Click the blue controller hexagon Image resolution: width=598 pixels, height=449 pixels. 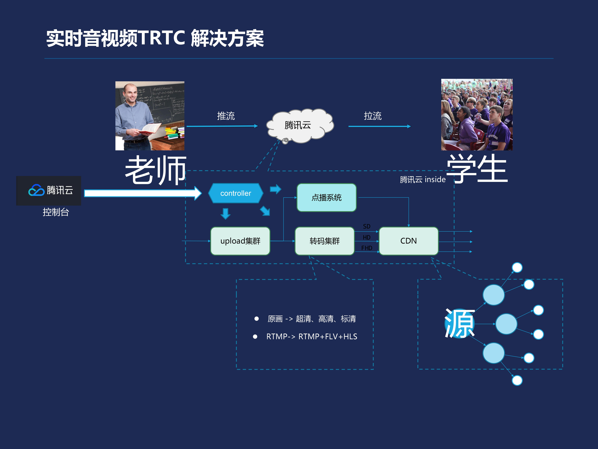[x=236, y=193]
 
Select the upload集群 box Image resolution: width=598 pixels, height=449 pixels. [x=240, y=241]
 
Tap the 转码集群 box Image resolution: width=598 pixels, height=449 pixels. [x=325, y=241]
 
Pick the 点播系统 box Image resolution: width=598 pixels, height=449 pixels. [x=326, y=198]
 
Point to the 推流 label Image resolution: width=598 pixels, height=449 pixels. [x=226, y=116]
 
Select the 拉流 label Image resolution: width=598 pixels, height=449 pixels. [x=373, y=116]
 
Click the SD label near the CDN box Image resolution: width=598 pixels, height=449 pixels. [x=367, y=226]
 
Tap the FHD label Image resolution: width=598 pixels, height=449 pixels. [x=367, y=248]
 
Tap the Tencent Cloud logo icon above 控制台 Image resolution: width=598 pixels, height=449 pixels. [x=36, y=190]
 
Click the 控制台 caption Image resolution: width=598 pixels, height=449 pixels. [x=56, y=212]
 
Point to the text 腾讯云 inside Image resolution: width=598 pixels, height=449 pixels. [x=423, y=179]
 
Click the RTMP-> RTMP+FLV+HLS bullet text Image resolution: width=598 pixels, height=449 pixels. [x=311, y=336]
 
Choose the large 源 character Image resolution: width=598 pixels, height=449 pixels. [x=460, y=323]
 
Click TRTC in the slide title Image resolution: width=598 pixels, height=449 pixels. [x=162, y=38]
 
